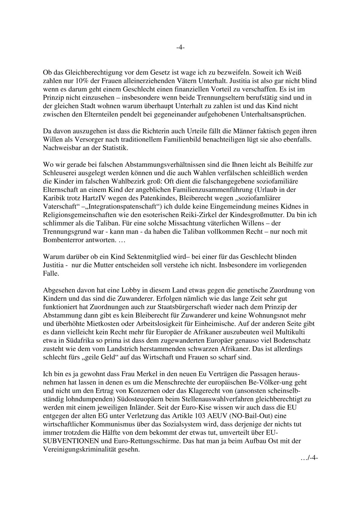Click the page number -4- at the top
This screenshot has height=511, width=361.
pyautogui.click(x=180, y=48)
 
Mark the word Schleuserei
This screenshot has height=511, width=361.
pyautogui.click(x=59, y=172)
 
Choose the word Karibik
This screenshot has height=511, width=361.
pyautogui.click(x=52, y=198)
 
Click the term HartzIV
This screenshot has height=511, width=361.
pyautogui.click(x=88, y=198)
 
